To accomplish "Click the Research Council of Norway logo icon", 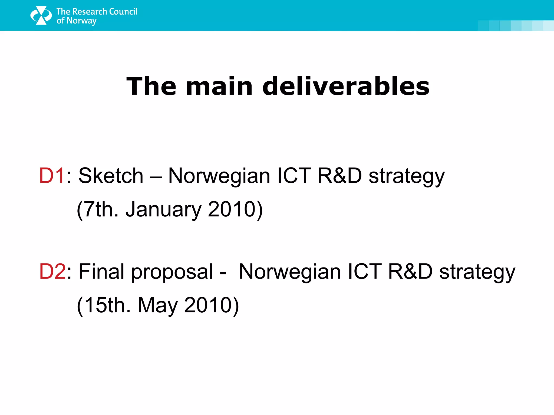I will point(41,16).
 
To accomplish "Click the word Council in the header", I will point(123,12).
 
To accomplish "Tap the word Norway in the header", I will point(81,21).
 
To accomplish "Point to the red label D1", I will point(52,176).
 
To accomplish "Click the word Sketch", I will point(111,176).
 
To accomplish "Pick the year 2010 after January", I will point(232,209).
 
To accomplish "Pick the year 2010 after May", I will point(208,305).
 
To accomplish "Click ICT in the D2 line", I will point(364,272).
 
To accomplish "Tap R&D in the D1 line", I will point(339,176).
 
